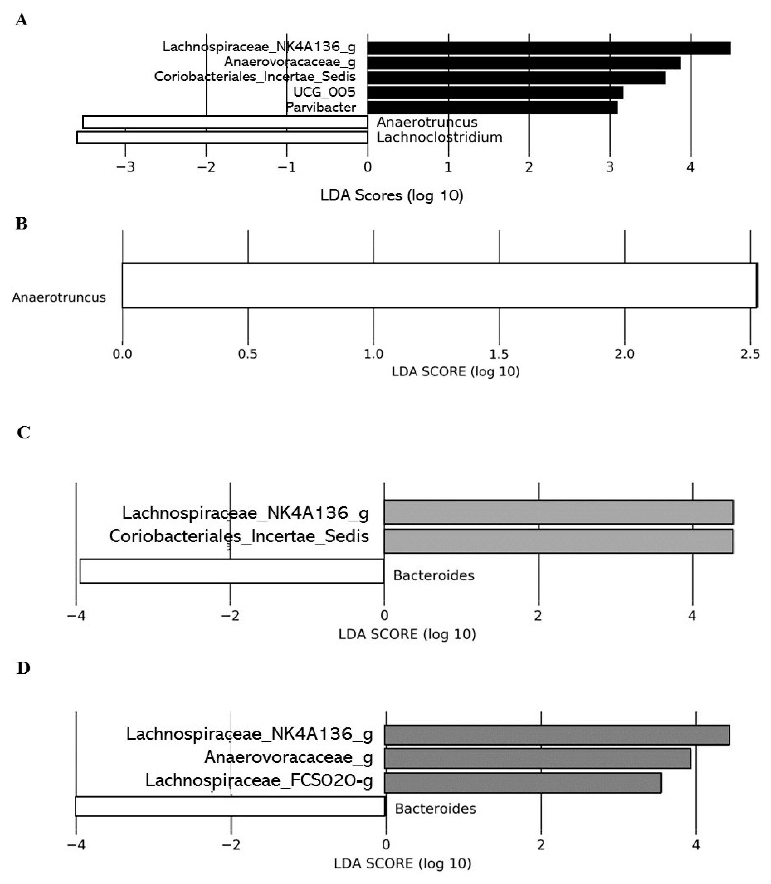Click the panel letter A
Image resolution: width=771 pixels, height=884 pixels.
pos(21,20)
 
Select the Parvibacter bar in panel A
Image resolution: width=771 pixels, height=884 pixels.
pos(492,107)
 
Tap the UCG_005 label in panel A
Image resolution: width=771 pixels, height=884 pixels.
pos(324,92)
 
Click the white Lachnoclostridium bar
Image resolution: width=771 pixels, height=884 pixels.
pos(222,137)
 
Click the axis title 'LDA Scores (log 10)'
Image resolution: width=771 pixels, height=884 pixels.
pos(392,195)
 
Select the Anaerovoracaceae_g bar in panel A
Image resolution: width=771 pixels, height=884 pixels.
pos(524,63)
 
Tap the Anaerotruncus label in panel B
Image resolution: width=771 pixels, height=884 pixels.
pos(59,297)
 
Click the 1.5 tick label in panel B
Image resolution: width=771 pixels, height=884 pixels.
pos(499,354)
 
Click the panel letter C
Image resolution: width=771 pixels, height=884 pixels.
pos(23,432)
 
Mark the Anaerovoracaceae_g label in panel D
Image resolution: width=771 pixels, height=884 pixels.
pos(288,757)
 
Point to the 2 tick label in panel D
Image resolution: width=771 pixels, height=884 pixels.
pos(541,844)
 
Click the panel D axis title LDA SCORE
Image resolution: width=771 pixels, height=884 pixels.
pos(402,863)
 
